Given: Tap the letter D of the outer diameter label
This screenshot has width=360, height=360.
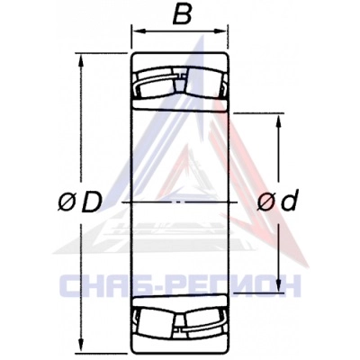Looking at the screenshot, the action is pos(91,202).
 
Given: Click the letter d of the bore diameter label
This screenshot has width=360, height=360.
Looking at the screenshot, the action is pos(289,200).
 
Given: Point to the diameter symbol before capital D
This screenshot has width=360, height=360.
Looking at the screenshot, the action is pos(66,203).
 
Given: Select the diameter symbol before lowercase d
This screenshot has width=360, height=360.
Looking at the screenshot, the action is pos(265,202).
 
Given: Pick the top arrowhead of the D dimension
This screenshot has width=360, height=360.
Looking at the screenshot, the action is pos(80,60).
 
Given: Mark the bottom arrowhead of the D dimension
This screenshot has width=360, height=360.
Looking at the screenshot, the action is pos(80,346).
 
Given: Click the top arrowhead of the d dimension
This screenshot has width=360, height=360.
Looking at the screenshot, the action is pos(279,121).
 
